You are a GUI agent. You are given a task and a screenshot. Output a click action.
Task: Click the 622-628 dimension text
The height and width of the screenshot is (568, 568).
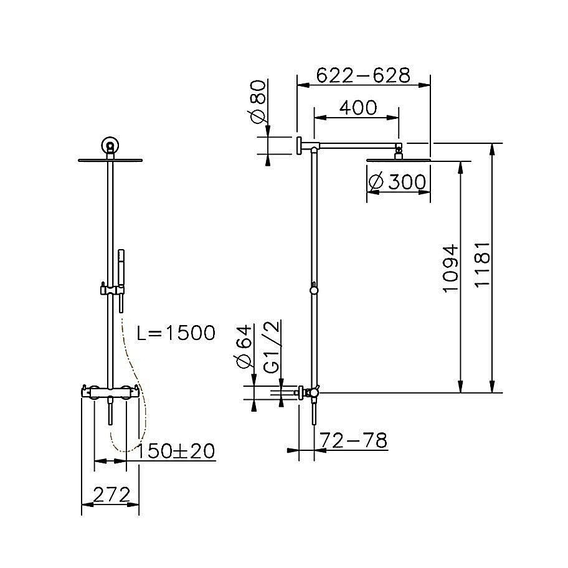pyautogui.click(x=363, y=75)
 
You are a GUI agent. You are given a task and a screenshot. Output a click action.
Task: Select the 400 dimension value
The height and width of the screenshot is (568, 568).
pyautogui.click(x=357, y=108)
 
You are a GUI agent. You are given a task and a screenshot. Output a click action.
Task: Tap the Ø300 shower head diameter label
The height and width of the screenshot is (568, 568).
pyautogui.click(x=397, y=182)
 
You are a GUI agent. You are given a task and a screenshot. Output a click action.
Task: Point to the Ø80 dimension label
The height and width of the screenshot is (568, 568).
pyautogui.click(x=257, y=100)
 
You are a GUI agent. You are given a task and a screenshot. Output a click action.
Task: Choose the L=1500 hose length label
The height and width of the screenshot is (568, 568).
pyautogui.click(x=176, y=333)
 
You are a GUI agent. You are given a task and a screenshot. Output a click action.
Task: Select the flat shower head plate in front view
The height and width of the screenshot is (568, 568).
pyautogui.click(x=110, y=160)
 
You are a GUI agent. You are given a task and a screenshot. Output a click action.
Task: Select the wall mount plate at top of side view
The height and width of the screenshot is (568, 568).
pyautogui.click(x=299, y=146)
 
